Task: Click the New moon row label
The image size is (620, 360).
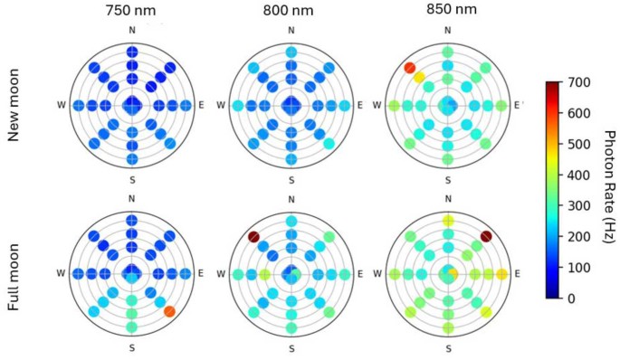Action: coord(14,106)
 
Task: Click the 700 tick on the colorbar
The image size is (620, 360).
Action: coord(577,82)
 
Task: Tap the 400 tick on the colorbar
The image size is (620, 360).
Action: coord(577,175)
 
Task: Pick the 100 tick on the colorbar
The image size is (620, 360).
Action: coord(577,266)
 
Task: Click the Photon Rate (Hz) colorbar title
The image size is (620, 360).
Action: coord(607,189)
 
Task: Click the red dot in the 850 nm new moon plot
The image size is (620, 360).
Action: coord(410,68)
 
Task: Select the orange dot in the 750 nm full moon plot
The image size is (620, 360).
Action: coord(170,312)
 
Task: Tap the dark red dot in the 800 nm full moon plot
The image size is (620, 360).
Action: coord(253,237)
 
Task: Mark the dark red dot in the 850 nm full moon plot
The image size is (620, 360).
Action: coord(486,237)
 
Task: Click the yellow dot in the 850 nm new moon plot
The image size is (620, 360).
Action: coord(419,78)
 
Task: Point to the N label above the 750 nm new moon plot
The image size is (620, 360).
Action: coord(133,31)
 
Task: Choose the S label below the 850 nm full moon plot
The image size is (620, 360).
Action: coord(448,346)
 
